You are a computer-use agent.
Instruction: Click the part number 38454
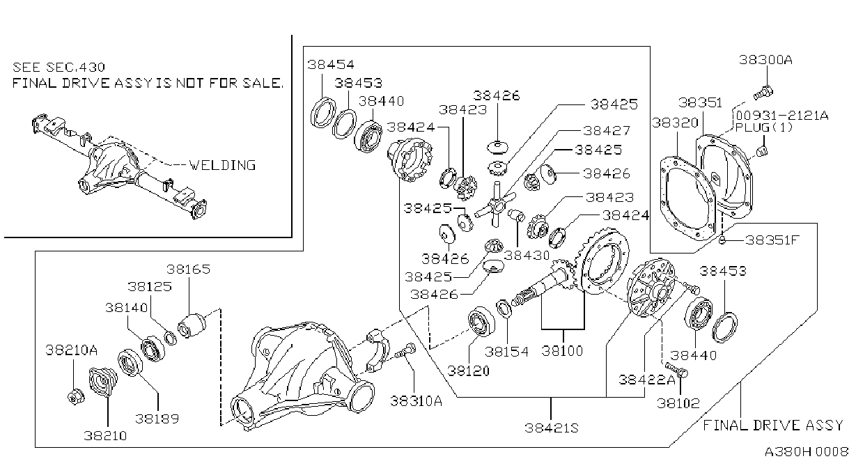(331, 65)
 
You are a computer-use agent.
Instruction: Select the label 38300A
(765, 60)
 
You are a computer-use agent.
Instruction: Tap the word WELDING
(222, 166)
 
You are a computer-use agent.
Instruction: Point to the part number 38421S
(552, 428)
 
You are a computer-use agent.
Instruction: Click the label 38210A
(72, 350)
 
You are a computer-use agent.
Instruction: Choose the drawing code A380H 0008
(806, 452)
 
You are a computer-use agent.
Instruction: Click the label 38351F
(772, 240)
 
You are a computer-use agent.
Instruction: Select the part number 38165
(188, 270)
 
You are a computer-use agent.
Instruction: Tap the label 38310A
(416, 401)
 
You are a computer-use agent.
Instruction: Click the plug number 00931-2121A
(782, 116)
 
